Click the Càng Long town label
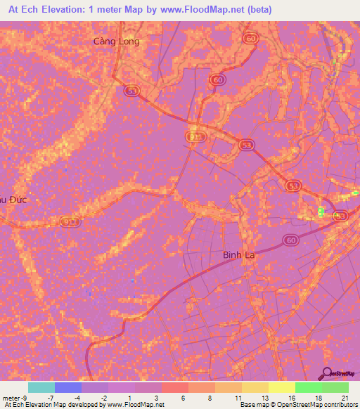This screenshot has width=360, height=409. click(x=117, y=41)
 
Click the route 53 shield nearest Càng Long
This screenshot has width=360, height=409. click(x=131, y=90)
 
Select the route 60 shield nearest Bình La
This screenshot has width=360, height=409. click(x=291, y=240)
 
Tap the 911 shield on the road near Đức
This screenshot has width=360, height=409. click(x=69, y=222)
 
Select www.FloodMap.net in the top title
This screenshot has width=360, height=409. click(x=210, y=10)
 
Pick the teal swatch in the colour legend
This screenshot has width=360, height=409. click(x=41, y=387)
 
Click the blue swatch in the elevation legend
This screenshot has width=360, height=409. click(x=68, y=387)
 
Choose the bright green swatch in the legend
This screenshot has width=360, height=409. click(x=309, y=387)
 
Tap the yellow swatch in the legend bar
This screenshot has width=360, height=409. click(x=282, y=387)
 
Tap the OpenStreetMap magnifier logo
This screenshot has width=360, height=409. click(x=328, y=372)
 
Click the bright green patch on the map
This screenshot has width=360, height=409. click(x=321, y=212)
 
